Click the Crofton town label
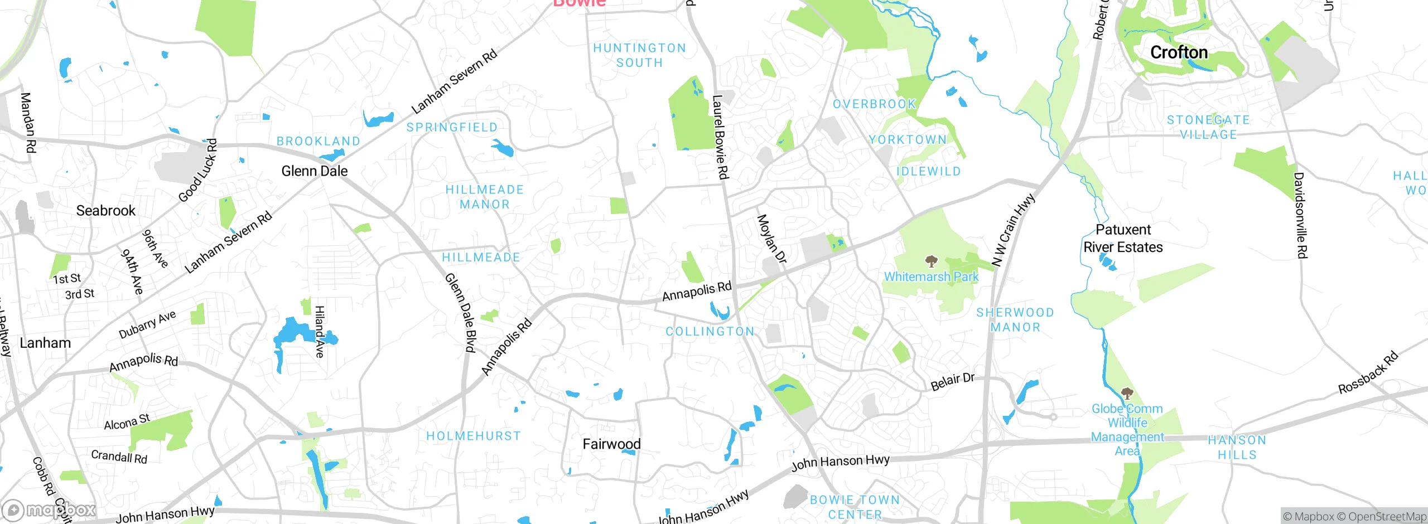pos(1179,52)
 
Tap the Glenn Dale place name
pos(314,171)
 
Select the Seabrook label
pos(105,211)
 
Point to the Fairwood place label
pos(611,444)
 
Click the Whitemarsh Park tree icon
pos(931,261)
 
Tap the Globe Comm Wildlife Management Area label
pos(1127,430)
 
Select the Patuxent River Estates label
pos(1123,239)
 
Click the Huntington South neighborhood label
pos(640,55)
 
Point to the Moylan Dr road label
pos(771,239)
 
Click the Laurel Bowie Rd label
pos(720,137)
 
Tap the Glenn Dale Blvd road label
pos(461,313)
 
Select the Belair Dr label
pos(952,382)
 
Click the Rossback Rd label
pos(1368,372)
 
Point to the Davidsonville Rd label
pos(1300,216)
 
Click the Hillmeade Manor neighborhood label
pos(485,197)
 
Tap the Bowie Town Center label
pos(855,507)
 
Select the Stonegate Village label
pos(1208,127)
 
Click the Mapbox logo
pos(49,510)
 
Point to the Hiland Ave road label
pos(320,331)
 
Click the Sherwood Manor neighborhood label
pos(1015,319)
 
